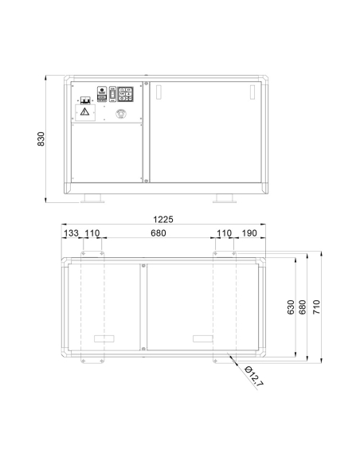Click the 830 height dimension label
click(41, 139)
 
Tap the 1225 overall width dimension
click(163, 220)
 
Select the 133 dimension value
click(71, 233)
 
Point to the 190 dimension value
click(249, 233)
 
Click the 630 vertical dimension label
click(291, 307)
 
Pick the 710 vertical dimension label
click(316, 307)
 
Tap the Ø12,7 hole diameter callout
click(254, 377)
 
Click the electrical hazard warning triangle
click(84, 111)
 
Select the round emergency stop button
click(121, 113)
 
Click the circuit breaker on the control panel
click(85, 100)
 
